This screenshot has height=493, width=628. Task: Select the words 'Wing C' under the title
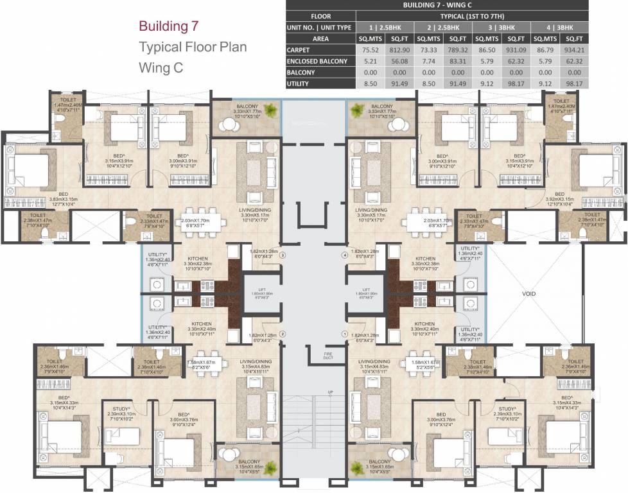point(161,67)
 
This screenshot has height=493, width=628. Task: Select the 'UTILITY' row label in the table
point(299,84)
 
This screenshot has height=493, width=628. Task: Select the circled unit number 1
point(345,334)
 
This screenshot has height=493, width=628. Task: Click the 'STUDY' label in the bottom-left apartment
point(120,408)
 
